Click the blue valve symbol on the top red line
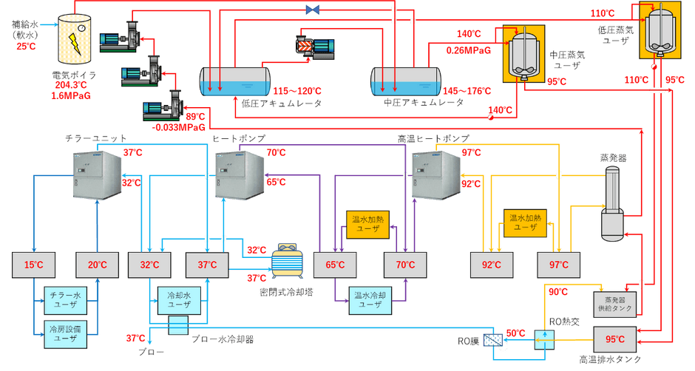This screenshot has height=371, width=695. point(313,10)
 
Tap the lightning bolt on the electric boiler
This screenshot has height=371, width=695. point(75,44)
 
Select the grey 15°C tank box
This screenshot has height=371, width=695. point(34,265)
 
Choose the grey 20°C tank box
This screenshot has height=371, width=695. point(97,265)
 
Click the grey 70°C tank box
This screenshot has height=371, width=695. point(405,265)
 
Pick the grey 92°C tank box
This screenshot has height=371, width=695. point(492,265)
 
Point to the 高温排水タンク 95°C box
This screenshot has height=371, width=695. point(614,339)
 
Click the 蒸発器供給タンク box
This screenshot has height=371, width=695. point(614,304)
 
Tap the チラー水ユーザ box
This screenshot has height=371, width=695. point(65,300)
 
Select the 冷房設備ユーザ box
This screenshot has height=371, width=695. point(65,334)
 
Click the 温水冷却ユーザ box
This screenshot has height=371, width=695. point(370,301)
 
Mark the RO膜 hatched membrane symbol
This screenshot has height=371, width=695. point(493,341)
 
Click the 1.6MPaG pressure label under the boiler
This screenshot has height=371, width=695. point(71,95)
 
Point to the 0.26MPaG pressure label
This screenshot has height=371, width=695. point(469,50)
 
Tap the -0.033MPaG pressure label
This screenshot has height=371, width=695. point(179,128)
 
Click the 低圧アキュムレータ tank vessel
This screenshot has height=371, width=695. point(235,81)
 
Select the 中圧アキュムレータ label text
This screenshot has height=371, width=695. point(424,103)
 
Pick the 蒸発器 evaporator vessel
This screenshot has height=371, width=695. point(612,203)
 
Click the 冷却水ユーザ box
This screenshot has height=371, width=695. point(179,301)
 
